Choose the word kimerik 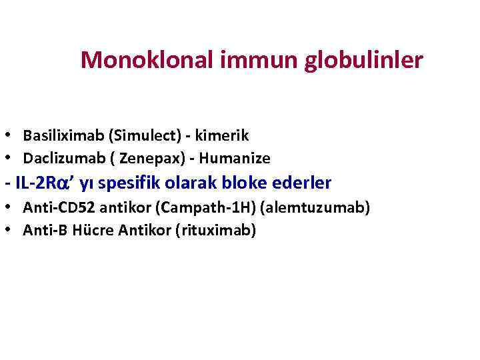tap(223, 136)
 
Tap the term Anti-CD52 tap(53, 208)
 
